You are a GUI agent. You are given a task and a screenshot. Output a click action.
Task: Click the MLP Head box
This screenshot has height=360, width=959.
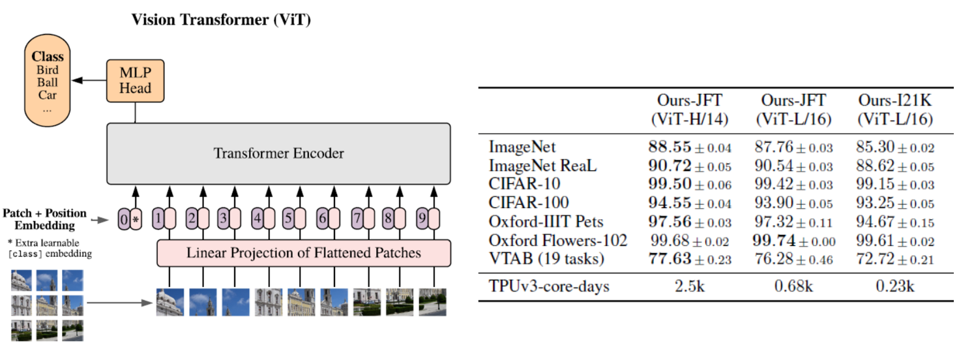coord(135,81)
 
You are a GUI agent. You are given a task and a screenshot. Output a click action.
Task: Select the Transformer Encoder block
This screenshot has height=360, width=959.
coord(278,154)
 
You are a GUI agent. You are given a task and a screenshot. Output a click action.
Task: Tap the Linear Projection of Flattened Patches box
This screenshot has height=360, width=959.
coord(304,253)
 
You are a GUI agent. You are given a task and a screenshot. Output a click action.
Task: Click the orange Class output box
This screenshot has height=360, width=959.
coord(47,82)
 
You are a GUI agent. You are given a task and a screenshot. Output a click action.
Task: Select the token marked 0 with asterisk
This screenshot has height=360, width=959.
coord(130,220)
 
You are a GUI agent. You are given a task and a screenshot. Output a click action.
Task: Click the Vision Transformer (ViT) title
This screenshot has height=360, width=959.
coord(221,20)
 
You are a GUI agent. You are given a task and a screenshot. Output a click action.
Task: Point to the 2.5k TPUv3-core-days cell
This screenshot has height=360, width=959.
coord(689,286)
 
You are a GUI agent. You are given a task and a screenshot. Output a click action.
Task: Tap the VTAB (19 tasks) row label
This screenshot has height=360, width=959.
coord(546,259)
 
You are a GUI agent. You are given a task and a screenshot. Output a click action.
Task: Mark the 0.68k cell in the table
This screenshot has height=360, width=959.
coord(793,286)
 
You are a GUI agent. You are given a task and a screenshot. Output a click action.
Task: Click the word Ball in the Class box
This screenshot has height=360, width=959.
coord(47,82)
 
